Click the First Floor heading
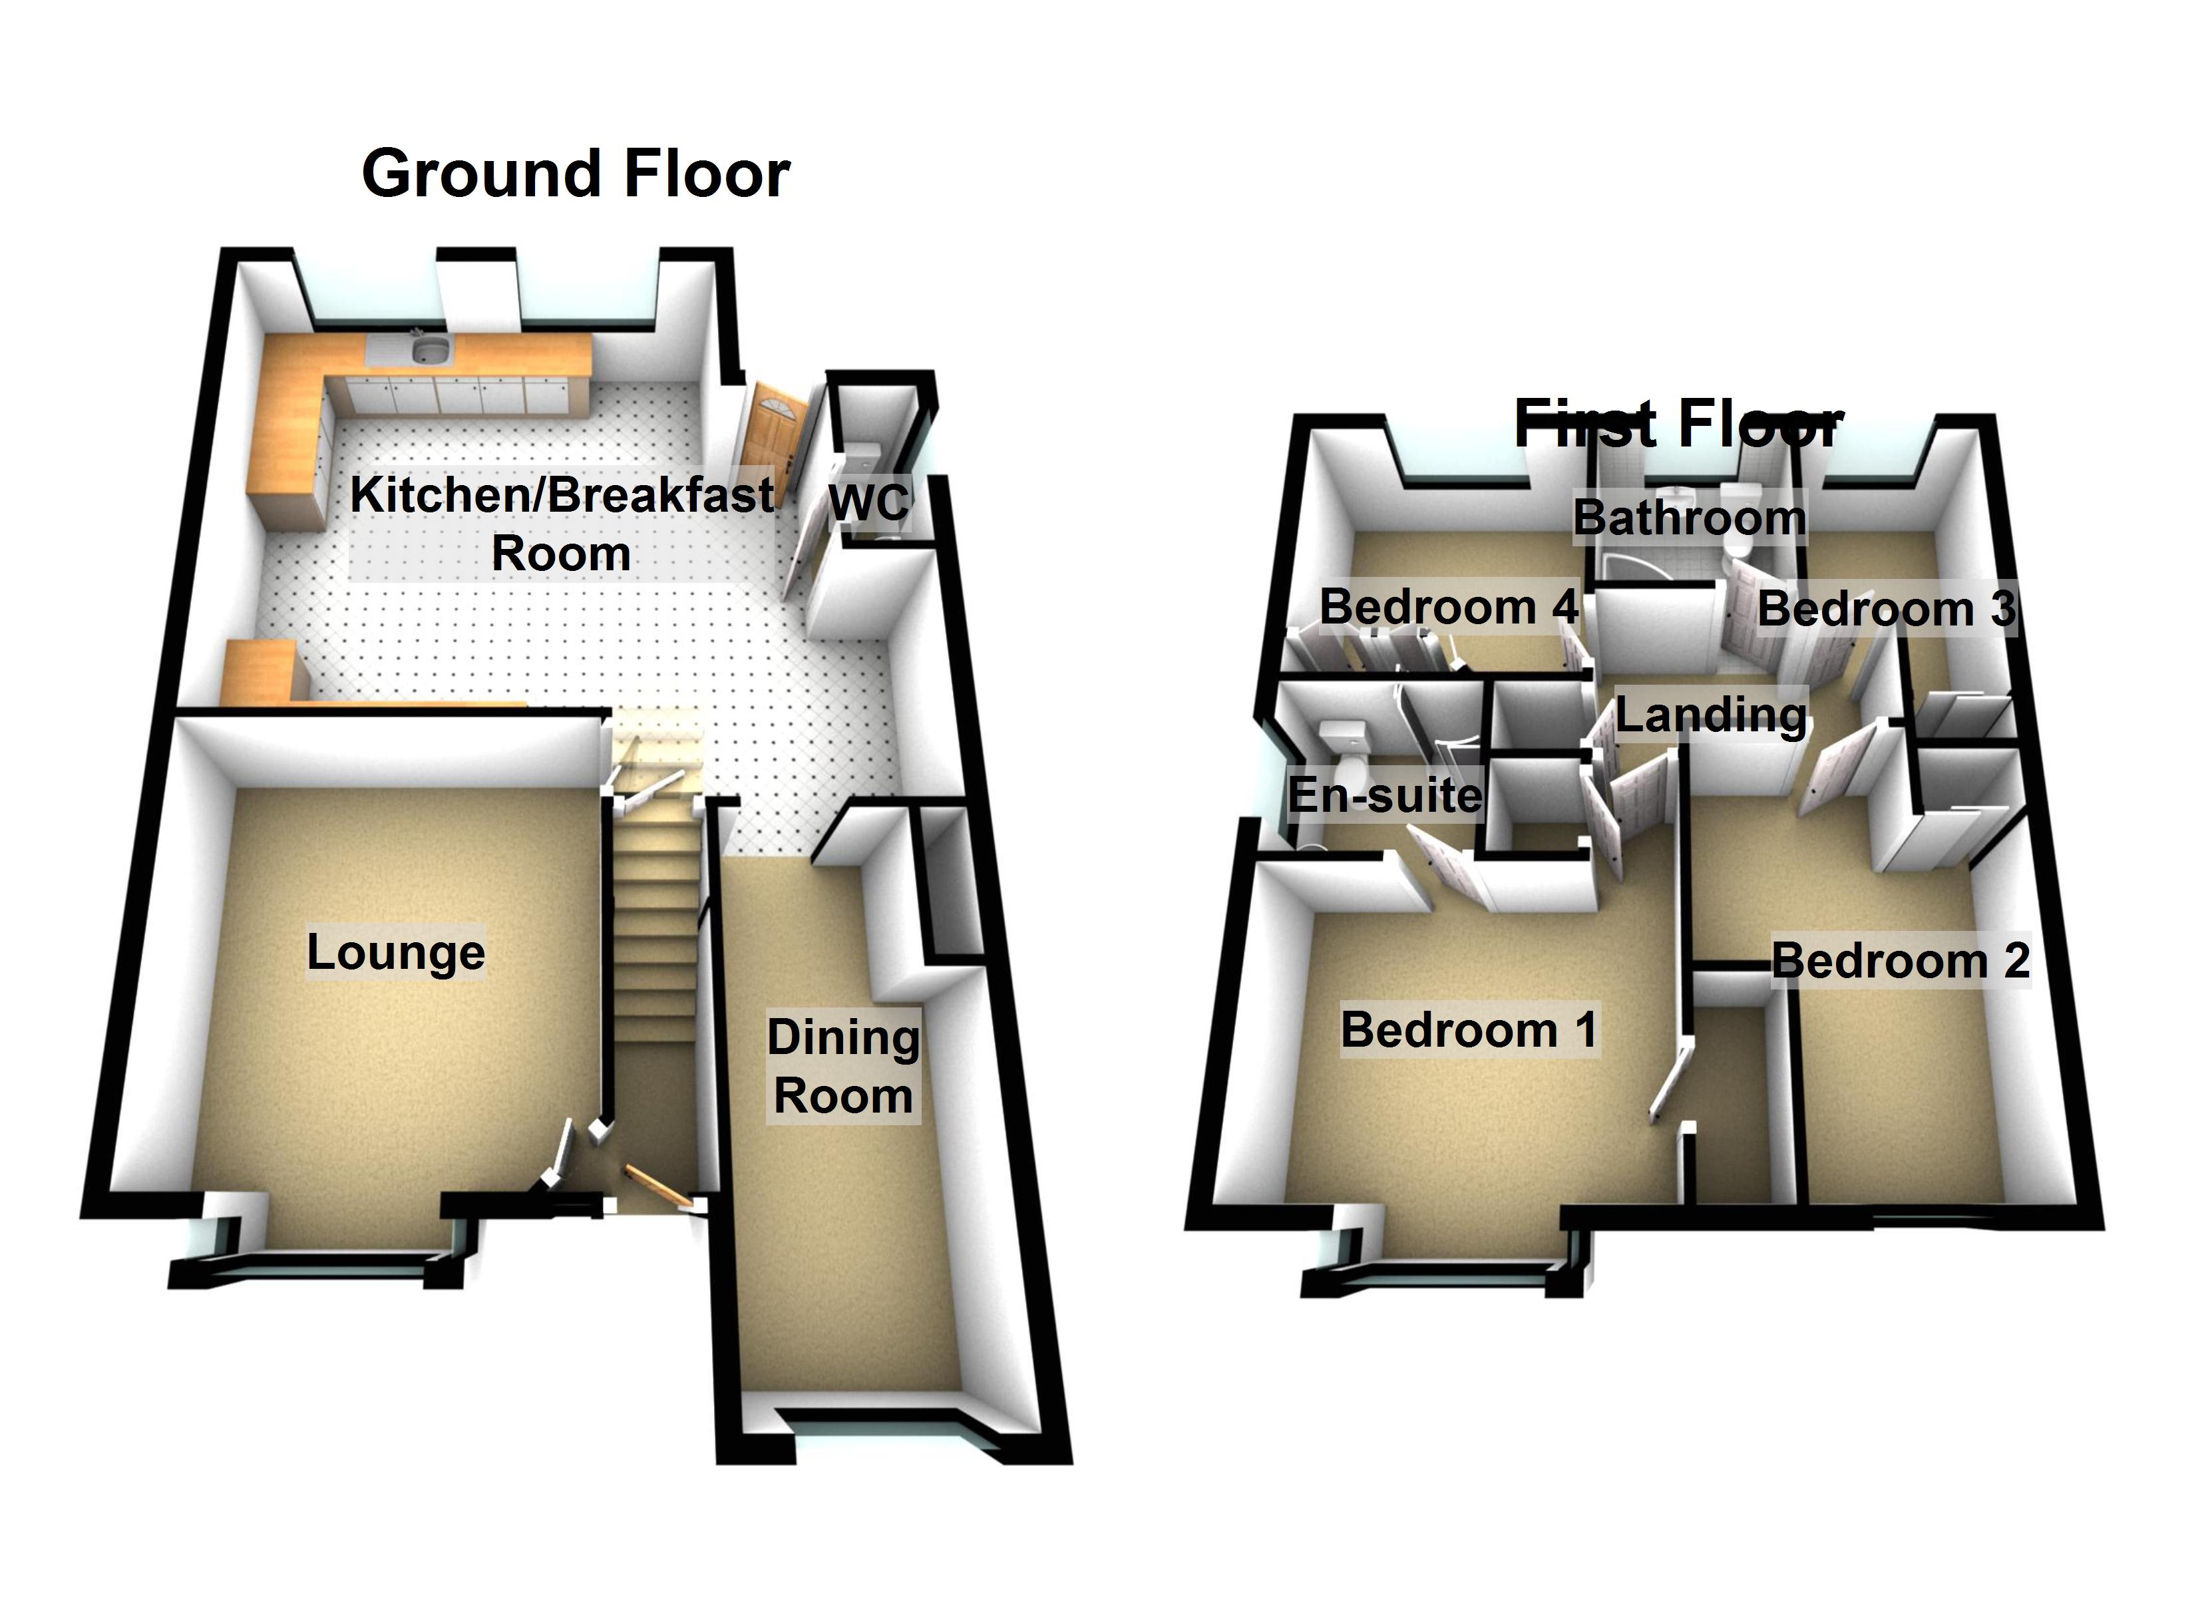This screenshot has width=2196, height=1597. (x=1678, y=423)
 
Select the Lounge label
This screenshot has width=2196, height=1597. (x=395, y=952)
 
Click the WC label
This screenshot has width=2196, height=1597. (x=868, y=502)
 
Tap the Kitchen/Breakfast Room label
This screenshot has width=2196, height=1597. (x=562, y=523)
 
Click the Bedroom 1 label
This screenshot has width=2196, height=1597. (x=1468, y=1029)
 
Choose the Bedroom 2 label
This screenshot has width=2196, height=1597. (x=1900, y=962)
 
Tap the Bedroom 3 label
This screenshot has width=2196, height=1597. (x=1886, y=609)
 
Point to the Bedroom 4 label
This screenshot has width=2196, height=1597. (x=1449, y=608)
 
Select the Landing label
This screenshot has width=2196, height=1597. (x=1711, y=716)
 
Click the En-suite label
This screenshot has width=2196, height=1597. (x=1385, y=795)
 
